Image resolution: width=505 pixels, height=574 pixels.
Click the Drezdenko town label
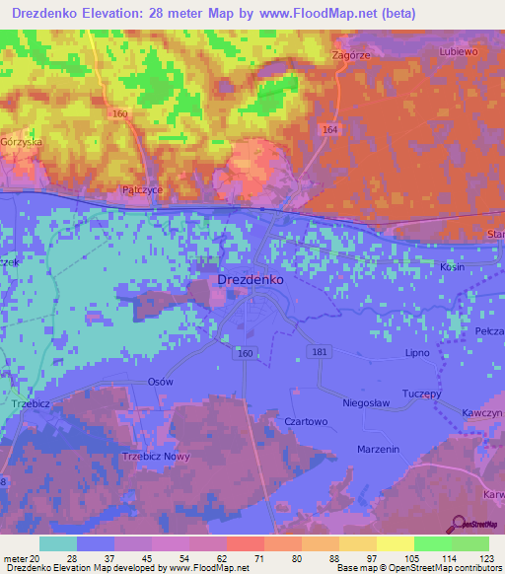point(250,280)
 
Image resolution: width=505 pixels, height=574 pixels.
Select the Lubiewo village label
point(458,50)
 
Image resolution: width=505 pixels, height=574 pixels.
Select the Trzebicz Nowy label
point(155,456)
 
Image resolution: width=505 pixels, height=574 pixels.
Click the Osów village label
point(160,382)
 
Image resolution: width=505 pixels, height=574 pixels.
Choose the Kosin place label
point(453,267)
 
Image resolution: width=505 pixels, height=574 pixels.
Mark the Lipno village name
point(419,352)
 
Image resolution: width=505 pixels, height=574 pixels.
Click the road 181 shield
point(318,352)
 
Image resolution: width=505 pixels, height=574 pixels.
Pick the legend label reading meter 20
point(21,558)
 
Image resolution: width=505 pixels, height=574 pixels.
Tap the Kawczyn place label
point(482,411)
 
